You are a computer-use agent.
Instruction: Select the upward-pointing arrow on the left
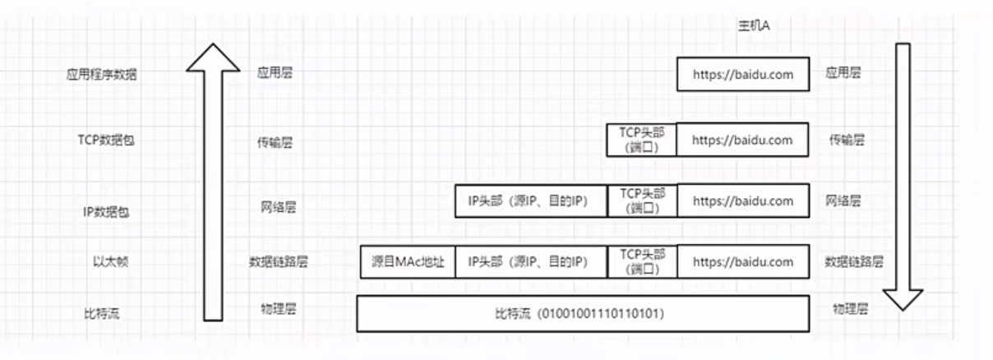pyautogui.click(x=213, y=181)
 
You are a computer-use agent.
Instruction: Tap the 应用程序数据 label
pyautogui.click(x=102, y=74)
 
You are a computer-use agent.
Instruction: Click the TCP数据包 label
pyautogui.click(x=101, y=141)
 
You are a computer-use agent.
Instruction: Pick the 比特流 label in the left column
pyautogui.click(x=101, y=313)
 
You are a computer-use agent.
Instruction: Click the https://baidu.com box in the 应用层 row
pyautogui.click(x=742, y=74)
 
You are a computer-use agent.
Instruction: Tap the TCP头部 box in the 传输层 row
pyautogui.click(x=641, y=140)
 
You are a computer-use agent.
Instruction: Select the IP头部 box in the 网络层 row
pyautogui.click(x=531, y=201)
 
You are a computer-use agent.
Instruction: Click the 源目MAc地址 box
pyautogui.click(x=408, y=262)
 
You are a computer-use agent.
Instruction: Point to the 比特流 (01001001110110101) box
pyautogui.click(x=582, y=314)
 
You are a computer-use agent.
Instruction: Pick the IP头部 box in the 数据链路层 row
pyautogui.click(x=531, y=262)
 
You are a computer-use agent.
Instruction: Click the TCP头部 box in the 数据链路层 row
pyautogui.click(x=641, y=262)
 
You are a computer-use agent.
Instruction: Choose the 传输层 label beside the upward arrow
pyautogui.click(x=274, y=142)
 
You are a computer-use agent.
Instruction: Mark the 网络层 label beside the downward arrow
pyautogui.click(x=843, y=201)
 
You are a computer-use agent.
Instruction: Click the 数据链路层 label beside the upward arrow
pyautogui.click(x=279, y=262)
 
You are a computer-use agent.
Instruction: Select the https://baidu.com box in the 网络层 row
pyautogui.click(x=742, y=201)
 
